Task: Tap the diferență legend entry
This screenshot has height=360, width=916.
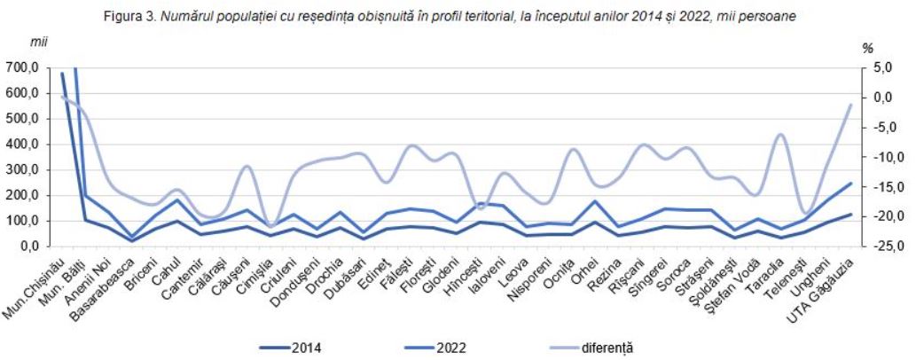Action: click(x=592, y=348)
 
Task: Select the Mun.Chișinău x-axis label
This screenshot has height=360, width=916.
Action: click(x=36, y=288)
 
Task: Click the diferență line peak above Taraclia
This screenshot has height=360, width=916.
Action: click(x=781, y=134)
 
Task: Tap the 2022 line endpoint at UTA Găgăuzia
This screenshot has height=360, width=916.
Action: click(x=851, y=183)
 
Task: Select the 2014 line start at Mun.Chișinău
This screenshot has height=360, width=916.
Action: click(x=62, y=73)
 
